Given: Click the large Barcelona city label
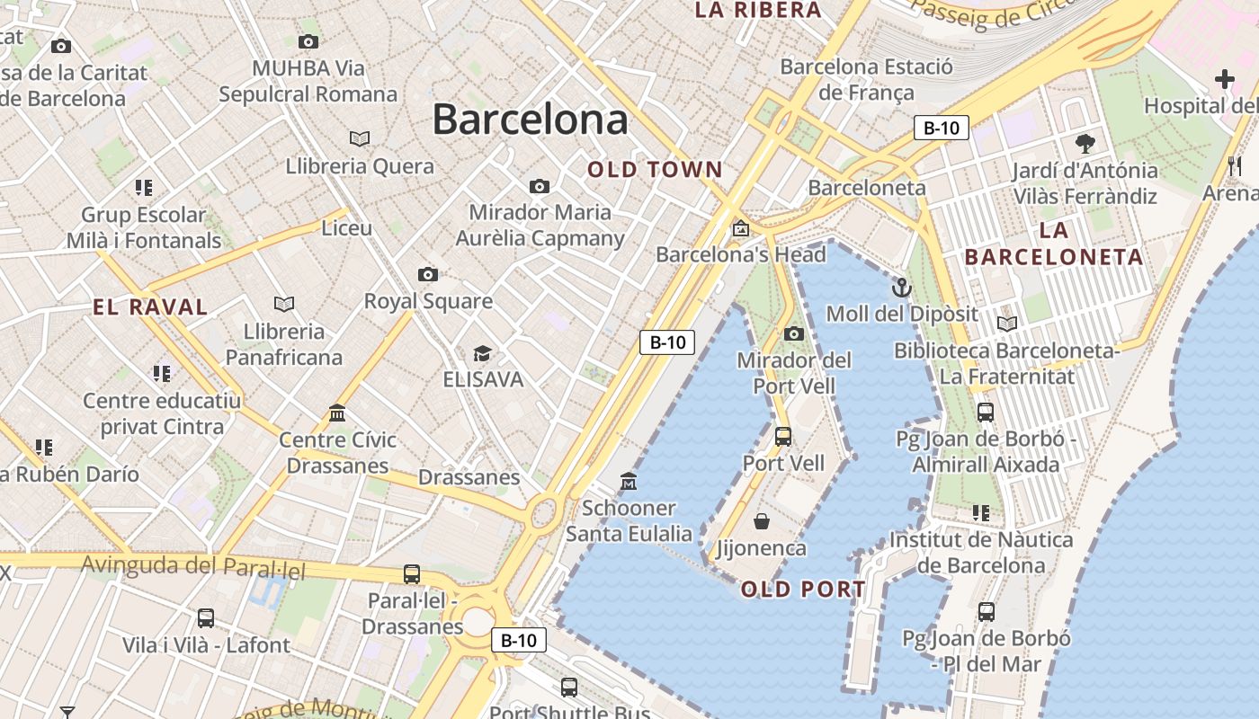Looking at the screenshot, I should [530, 120].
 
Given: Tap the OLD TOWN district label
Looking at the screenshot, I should [655, 169].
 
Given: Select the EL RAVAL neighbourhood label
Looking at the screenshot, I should [150, 306].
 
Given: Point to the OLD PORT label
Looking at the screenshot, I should [803, 590].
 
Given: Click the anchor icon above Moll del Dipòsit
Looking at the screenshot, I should [901, 288].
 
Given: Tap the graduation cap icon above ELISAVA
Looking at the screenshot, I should [483, 353].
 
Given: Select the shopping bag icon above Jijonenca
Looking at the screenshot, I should [762, 521].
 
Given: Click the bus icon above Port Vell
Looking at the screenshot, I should [783, 437].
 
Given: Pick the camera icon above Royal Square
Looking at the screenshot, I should [428, 274].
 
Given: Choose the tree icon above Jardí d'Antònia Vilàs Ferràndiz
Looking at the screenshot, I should [1085, 143].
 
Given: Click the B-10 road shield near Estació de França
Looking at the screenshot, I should [942, 128].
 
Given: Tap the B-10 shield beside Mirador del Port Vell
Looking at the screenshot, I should [667, 342].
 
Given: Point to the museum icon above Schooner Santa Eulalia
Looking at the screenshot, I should [629, 482].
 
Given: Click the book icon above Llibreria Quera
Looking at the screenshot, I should [360, 138].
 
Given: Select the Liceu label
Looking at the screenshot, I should [347, 228].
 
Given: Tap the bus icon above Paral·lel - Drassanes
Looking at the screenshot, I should [412, 573].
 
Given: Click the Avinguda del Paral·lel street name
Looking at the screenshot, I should [193, 567].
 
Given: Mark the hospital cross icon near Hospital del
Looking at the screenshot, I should [1225, 79].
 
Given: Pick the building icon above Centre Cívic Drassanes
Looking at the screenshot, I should [337, 413].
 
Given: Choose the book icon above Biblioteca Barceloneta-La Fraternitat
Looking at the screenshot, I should [1006, 324].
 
